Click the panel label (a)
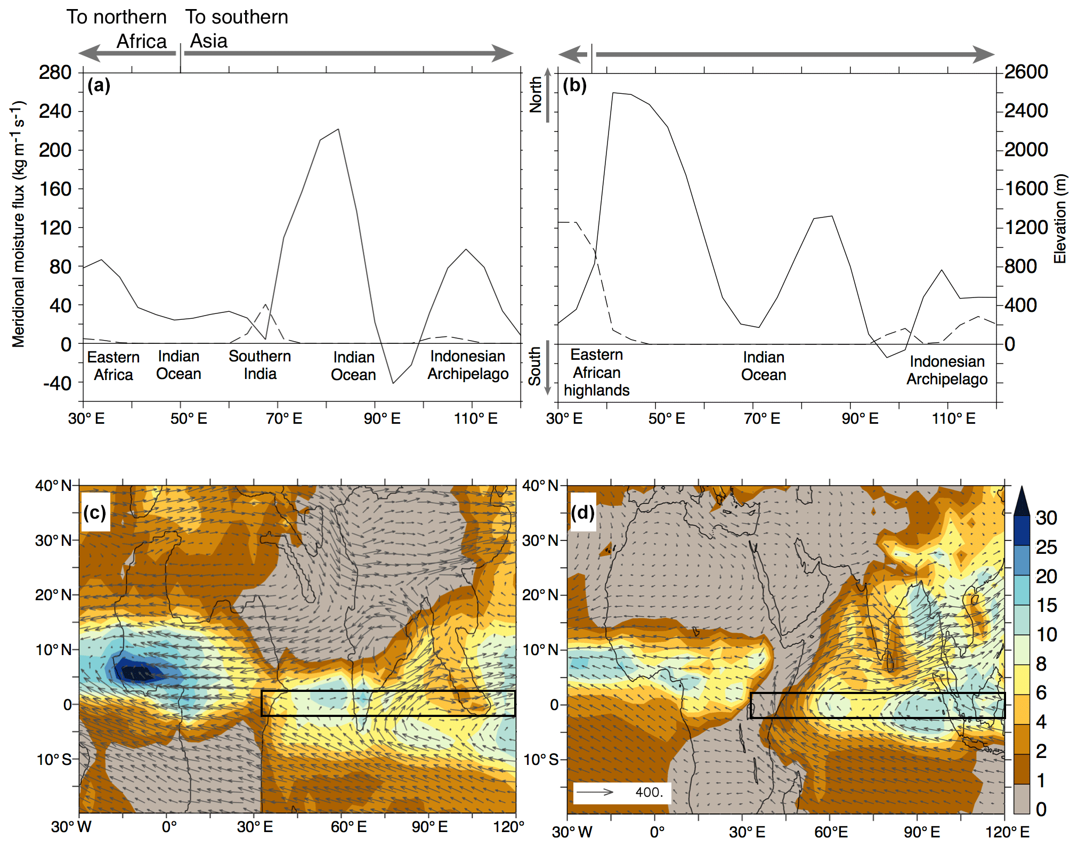(x=99, y=85)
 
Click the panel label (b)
(x=574, y=85)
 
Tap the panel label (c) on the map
(x=95, y=512)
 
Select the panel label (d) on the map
(x=582, y=512)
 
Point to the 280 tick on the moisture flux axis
(x=55, y=72)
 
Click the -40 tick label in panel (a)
(x=57, y=383)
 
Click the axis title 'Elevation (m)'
(x=1060, y=219)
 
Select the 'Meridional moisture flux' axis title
(x=19, y=224)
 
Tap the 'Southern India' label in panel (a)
(x=260, y=365)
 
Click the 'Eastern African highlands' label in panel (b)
(x=596, y=372)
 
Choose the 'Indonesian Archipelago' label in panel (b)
(x=947, y=370)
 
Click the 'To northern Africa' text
(x=117, y=29)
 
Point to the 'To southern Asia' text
(x=236, y=29)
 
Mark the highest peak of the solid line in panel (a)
(x=338, y=129)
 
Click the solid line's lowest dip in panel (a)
(x=393, y=383)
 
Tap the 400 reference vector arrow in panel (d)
(x=595, y=792)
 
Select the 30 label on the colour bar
(x=1046, y=518)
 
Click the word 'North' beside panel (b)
(x=535, y=94)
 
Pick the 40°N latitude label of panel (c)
(x=53, y=486)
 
